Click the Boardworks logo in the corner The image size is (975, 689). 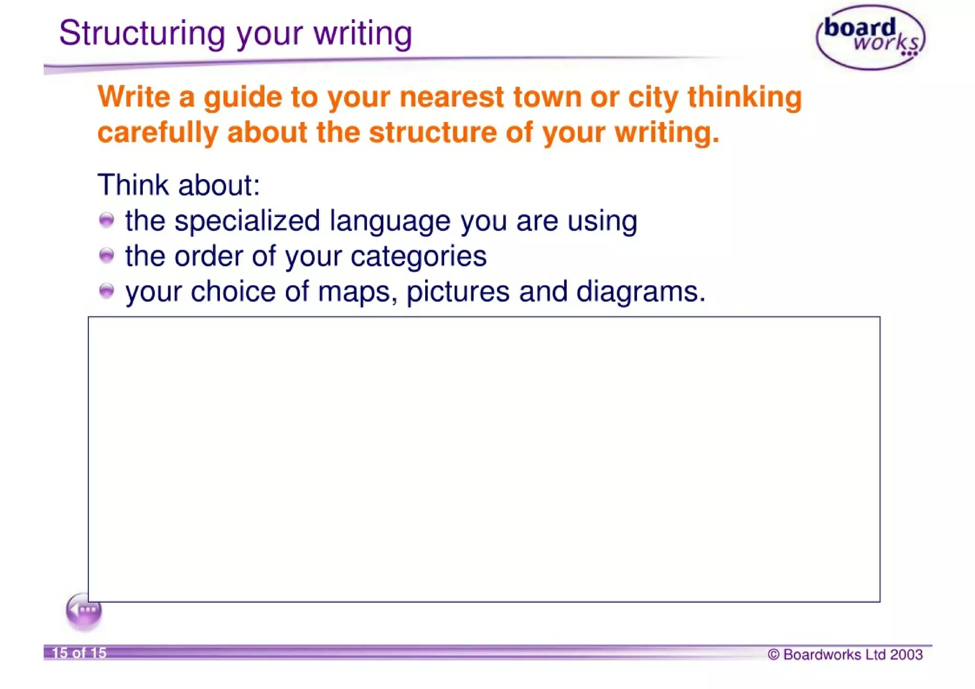click(870, 37)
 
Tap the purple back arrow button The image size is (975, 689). click(84, 611)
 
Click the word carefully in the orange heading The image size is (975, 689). click(158, 132)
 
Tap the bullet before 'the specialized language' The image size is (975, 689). click(107, 220)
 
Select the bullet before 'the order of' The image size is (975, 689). click(107, 256)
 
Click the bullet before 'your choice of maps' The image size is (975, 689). click(107, 290)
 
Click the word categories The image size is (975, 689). click(418, 257)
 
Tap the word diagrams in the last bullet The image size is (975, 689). click(640, 292)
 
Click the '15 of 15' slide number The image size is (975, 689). click(79, 653)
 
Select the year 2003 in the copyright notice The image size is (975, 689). click(906, 655)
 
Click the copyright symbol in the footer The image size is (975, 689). click(774, 655)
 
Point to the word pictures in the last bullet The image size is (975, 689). click(458, 292)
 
